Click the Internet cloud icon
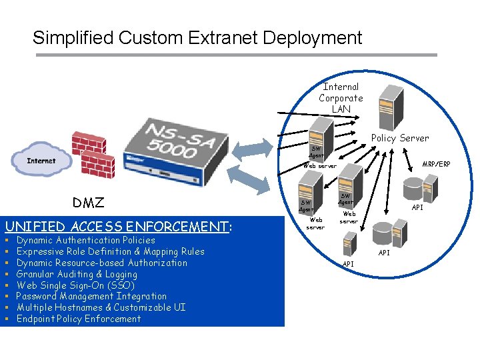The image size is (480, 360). point(41,161)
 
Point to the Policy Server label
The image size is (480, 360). point(400,138)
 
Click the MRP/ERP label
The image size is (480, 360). point(436,164)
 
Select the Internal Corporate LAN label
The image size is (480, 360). point(341,98)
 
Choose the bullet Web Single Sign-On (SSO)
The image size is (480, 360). point(75,285)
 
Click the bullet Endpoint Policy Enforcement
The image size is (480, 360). point(79,319)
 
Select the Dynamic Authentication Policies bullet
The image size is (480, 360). point(85,240)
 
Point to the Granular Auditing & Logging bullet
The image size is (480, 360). point(77,274)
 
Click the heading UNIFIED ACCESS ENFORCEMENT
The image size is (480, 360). point(117,226)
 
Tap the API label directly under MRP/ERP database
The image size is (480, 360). point(417,208)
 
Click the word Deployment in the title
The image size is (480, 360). point(313,38)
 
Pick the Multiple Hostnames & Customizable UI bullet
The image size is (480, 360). point(101,307)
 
